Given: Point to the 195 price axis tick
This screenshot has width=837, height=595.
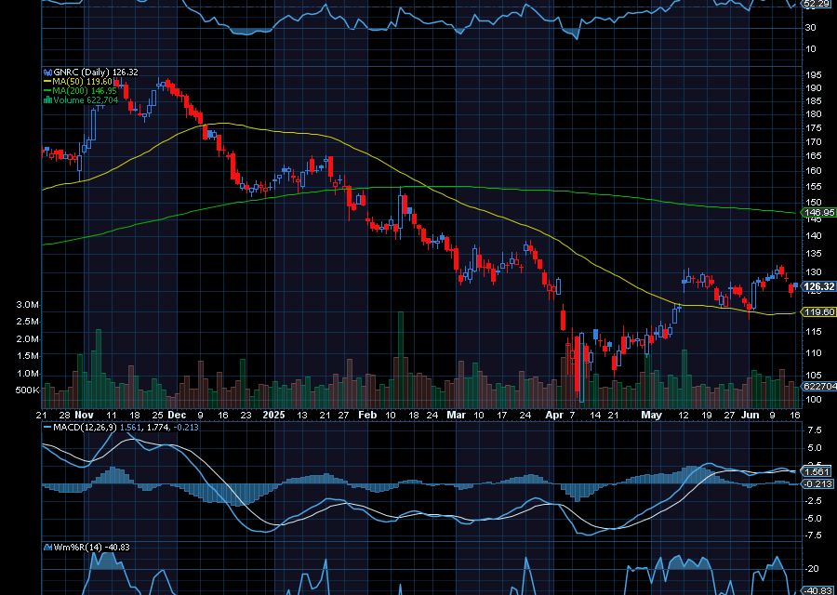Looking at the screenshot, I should click(813, 74).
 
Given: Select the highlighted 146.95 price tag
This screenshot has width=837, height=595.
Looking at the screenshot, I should click(816, 213).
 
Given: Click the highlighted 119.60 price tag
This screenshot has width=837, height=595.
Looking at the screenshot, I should click(816, 312).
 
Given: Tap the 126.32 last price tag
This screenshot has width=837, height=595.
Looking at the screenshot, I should click(816, 286).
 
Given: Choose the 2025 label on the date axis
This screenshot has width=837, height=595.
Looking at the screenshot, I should click(274, 415).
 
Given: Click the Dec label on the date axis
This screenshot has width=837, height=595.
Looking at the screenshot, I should click(178, 415).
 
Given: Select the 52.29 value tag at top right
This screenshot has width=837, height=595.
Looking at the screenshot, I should click(816, 5).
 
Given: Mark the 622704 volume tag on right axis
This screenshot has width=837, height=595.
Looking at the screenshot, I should click(817, 385).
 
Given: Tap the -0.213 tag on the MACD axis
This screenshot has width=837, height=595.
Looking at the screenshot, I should click(817, 484).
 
